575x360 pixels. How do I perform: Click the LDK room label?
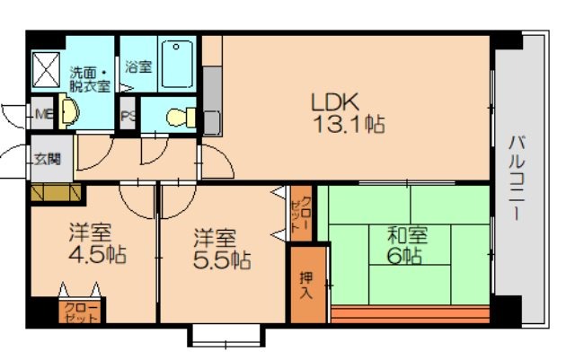(x=334, y=101)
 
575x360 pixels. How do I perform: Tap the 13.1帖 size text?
(x=349, y=126)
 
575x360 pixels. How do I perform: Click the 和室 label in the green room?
(x=407, y=235)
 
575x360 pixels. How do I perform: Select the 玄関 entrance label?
(x=47, y=159)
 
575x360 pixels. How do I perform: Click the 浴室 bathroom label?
(x=138, y=66)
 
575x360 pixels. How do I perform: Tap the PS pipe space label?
(x=129, y=115)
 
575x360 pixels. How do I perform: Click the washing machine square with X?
(x=44, y=66)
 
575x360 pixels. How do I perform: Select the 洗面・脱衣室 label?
(x=90, y=79)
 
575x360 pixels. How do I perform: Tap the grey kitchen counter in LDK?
(x=212, y=99)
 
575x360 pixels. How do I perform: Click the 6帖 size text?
(x=406, y=256)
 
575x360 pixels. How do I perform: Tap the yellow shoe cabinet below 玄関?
(x=56, y=192)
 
